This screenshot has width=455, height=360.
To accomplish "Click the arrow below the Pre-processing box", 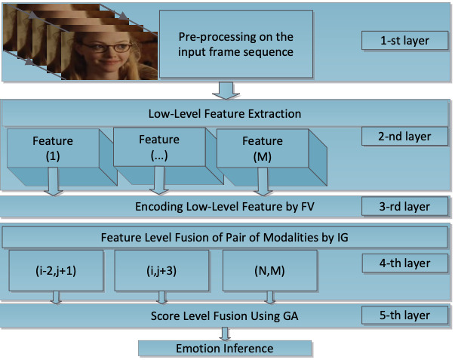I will [x=224, y=91].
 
